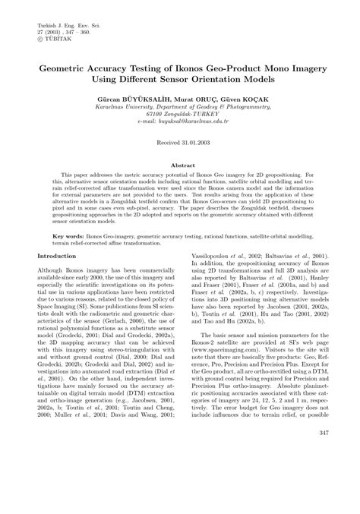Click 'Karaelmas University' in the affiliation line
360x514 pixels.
135,106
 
